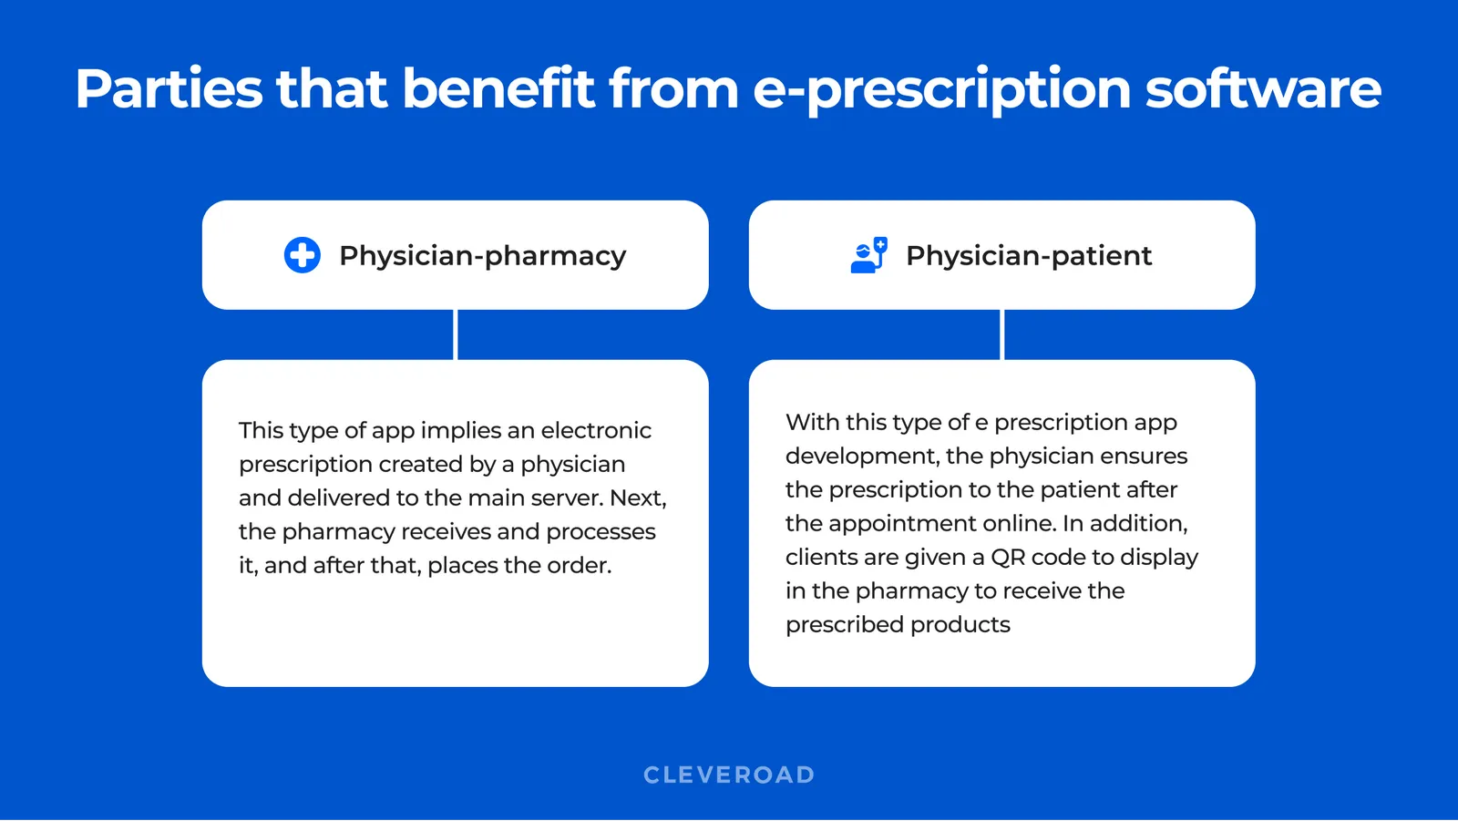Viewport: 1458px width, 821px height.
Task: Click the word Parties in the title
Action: tap(169, 89)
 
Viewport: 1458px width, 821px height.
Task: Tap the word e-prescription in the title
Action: tap(942, 89)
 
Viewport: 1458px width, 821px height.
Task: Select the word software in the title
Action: tap(1263, 89)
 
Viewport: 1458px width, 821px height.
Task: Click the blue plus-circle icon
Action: tap(302, 255)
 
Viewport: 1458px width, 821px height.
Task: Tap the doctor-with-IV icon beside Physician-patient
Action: tap(868, 255)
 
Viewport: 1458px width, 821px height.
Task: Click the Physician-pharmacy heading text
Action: tap(482, 256)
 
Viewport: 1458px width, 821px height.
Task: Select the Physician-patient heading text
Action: tap(1029, 256)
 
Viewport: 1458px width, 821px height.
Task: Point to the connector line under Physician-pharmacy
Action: tap(456, 334)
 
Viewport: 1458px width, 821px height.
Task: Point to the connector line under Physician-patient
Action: tap(1002, 334)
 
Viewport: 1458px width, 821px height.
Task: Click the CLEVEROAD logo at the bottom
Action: tap(729, 775)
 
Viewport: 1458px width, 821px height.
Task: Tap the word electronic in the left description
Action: tap(596, 430)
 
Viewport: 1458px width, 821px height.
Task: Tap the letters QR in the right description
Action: tap(1008, 557)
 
